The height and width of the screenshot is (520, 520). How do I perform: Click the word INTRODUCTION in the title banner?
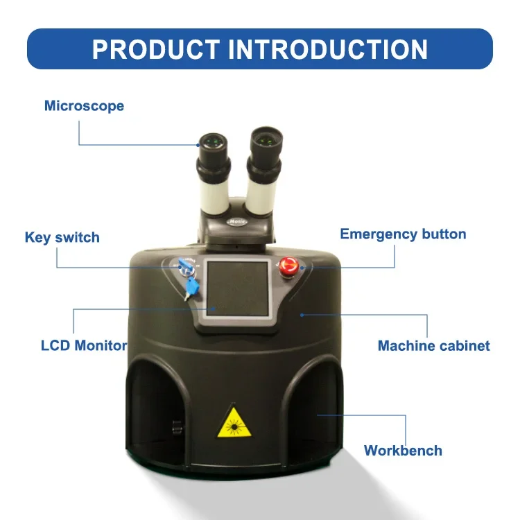point(328,49)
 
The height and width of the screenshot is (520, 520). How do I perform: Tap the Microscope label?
point(84,106)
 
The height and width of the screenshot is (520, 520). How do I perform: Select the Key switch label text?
point(62,237)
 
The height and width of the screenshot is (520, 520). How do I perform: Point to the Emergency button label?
point(403,234)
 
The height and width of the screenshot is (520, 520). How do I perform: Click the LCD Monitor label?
point(83,345)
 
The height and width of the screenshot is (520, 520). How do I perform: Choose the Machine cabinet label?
point(433,345)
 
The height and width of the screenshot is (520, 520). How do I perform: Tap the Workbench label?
point(403,450)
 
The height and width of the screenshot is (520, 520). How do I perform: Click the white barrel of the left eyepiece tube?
point(214,191)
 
